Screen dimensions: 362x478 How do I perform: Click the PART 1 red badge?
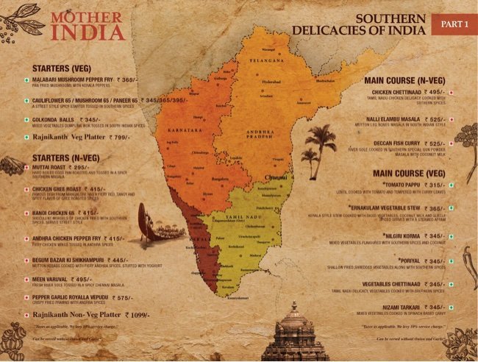[454, 24]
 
